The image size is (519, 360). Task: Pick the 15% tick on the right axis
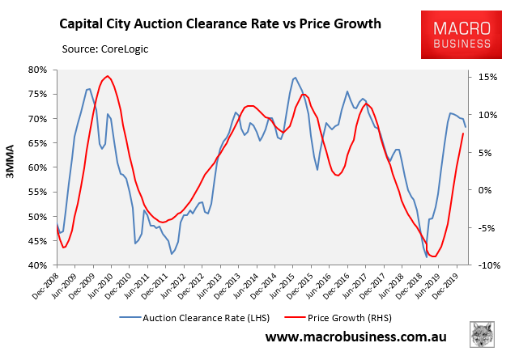click(486, 77)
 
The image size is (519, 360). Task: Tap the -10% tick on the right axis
click(486, 265)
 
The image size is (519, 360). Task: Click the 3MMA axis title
click(11, 167)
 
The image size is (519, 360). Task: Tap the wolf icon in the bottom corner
click(483, 336)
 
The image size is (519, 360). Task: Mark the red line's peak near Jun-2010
click(108, 76)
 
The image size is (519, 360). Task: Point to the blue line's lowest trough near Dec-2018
click(426, 256)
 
